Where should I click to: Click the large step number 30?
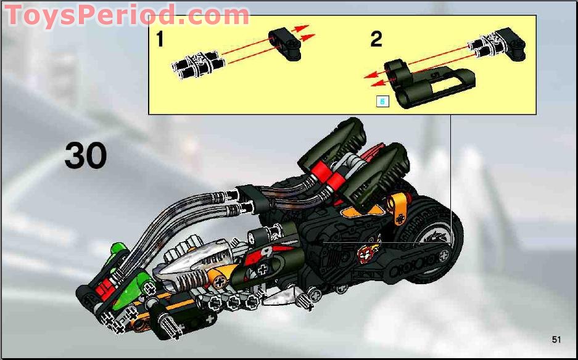tap(86, 157)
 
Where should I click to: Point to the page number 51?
tap(557, 340)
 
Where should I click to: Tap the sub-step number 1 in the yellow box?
tap(160, 40)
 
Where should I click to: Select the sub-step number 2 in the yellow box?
tap(376, 39)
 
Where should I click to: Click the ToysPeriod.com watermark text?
tap(126, 15)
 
